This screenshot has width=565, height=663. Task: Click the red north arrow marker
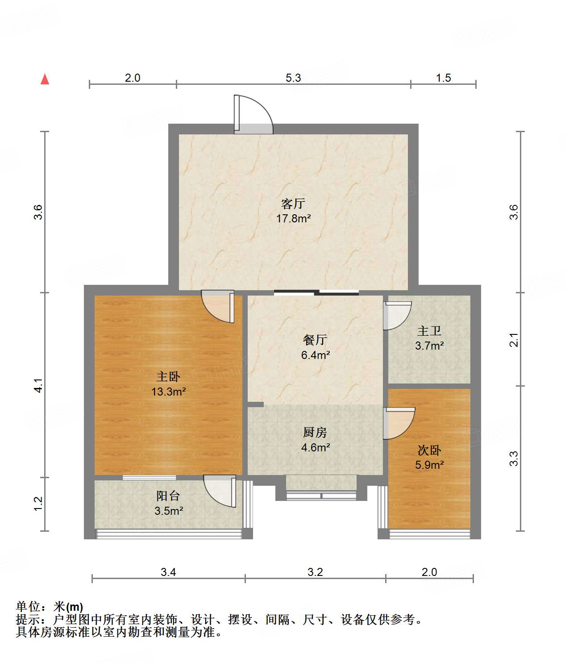click(x=45, y=79)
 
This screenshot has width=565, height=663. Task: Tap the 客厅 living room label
click(x=293, y=204)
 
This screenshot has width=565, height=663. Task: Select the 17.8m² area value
click(x=293, y=219)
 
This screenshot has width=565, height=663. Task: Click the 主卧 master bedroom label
click(x=168, y=376)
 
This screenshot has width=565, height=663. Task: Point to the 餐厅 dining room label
click(x=315, y=340)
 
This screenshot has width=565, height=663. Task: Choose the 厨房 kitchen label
click(x=315, y=432)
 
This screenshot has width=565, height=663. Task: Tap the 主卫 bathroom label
click(x=429, y=331)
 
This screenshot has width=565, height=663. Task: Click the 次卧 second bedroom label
click(x=429, y=450)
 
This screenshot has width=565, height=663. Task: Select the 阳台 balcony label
click(x=168, y=496)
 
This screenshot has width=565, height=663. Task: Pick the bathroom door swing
click(x=397, y=315)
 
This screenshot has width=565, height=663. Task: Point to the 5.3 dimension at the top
click(x=293, y=78)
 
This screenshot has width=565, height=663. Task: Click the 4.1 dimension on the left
click(x=39, y=385)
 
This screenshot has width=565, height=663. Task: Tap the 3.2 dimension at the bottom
click(x=315, y=572)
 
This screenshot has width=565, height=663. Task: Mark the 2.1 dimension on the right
click(x=514, y=340)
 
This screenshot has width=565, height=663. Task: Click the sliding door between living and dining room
click(x=316, y=293)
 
